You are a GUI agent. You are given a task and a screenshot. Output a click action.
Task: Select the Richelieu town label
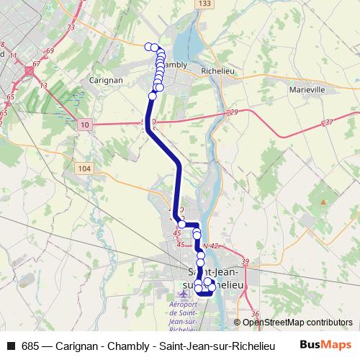click(219, 71)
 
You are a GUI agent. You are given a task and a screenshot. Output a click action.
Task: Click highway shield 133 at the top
click(206, 4)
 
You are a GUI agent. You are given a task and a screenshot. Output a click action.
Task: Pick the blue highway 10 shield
click(86, 125)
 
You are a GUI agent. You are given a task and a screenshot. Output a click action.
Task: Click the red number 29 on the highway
click(233, 112)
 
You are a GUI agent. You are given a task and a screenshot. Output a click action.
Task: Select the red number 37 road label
click(329, 122)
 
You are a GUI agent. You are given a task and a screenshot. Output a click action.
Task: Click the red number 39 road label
click(245, 261)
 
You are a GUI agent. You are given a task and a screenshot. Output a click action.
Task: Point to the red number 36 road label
click(255, 314)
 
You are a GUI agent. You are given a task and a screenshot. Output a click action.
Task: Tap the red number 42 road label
click(214, 246)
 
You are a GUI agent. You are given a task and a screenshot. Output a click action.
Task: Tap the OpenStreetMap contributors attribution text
click(297, 323)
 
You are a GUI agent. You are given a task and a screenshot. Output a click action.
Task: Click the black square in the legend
click(10, 346)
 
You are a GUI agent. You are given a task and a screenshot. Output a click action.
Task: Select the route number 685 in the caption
click(31, 346)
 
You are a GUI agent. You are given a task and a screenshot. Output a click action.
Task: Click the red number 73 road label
click(71, 27)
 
